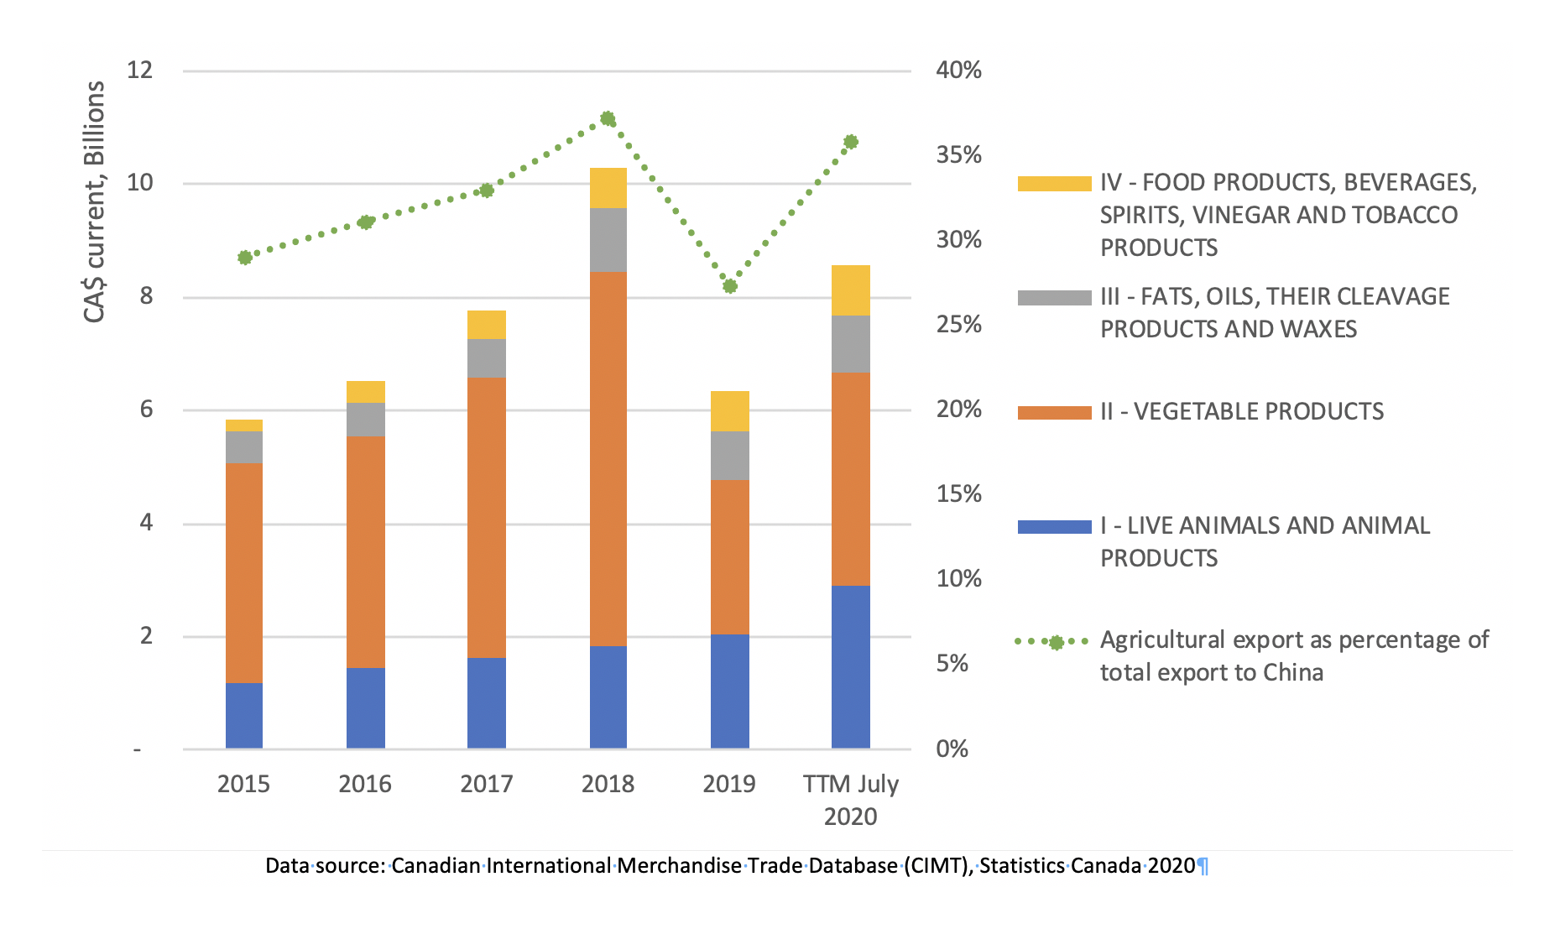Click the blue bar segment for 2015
(244, 715)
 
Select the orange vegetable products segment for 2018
(608, 458)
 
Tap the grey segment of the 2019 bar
(730, 456)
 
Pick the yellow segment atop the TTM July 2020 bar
(851, 290)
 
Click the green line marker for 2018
(608, 118)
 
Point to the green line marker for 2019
(730, 286)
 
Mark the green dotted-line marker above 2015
(245, 258)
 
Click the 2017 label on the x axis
(487, 784)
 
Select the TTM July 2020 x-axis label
(851, 799)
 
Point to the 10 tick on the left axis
(139, 182)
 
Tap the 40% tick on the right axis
(958, 70)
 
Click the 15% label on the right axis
(958, 493)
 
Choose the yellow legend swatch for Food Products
(1054, 184)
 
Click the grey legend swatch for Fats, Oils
(1054, 298)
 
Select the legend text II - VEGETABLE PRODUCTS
(1242, 411)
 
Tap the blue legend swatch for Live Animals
(1054, 527)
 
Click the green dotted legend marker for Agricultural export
(1056, 642)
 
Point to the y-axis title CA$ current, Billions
(95, 201)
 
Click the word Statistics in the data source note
(1022, 865)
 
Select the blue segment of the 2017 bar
(487, 702)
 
